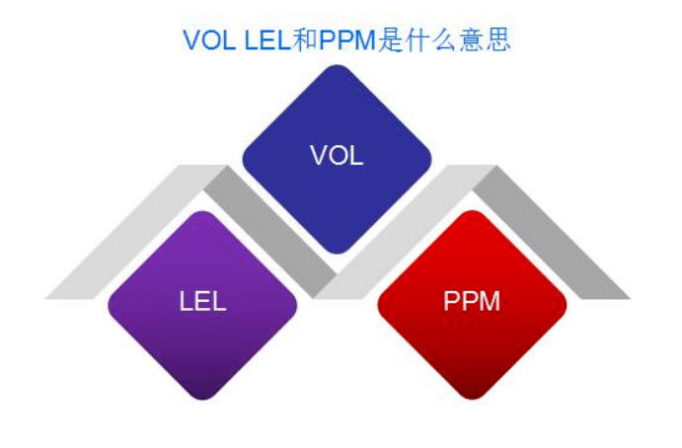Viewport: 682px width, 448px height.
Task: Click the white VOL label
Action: click(337, 156)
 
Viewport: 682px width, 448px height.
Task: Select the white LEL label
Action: click(202, 302)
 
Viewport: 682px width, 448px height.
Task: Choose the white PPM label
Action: click(472, 302)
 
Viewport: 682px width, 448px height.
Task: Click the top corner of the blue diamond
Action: click(337, 68)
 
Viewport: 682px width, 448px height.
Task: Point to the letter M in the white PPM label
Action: click(490, 302)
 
